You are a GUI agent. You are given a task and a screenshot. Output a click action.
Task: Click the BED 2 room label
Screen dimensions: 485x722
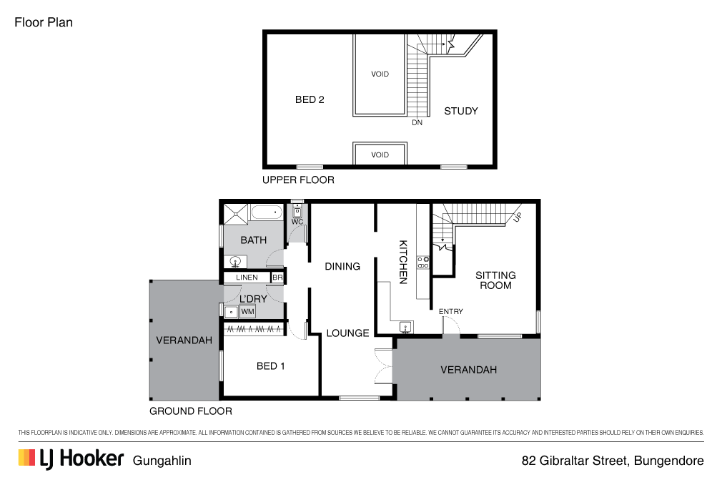click(x=310, y=99)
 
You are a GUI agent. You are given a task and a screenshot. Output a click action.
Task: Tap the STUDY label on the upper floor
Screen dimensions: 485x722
click(x=461, y=111)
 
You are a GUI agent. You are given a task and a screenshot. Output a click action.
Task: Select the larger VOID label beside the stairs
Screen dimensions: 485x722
click(x=380, y=74)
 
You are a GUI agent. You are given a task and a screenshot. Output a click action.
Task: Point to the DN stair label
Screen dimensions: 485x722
click(x=417, y=123)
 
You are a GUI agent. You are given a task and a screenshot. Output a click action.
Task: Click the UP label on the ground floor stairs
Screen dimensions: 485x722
click(x=517, y=217)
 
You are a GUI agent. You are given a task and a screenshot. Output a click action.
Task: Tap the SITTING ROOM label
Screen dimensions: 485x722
click(x=495, y=280)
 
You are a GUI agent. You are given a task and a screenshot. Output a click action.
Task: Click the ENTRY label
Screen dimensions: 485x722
click(x=451, y=311)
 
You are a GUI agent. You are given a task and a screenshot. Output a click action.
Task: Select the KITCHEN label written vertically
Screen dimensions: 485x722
click(x=402, y=262)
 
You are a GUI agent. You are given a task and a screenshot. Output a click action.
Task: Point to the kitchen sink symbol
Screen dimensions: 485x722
click(x=405, y=328)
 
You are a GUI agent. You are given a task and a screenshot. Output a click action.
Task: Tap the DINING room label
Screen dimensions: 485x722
click(x=342, y=266)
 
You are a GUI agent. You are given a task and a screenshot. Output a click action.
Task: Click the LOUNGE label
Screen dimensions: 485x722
click(x=347, y=333)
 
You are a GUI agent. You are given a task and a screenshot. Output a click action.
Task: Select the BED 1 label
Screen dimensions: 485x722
click(x=271, y=366)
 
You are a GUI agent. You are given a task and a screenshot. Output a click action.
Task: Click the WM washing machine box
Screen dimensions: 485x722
click(x=247, y=312)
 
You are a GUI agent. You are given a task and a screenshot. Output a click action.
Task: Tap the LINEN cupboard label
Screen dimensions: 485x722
click(x=247, y=278)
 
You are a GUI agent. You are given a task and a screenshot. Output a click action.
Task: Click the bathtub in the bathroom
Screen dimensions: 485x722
click(x=268, y=213)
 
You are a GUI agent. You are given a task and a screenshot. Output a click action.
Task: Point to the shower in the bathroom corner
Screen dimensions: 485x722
click(x=237, y=214)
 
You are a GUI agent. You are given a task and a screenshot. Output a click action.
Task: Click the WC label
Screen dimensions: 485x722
click(x=297, y=222)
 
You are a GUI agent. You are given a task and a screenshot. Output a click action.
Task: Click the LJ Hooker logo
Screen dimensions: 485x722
click(x=71, y=459)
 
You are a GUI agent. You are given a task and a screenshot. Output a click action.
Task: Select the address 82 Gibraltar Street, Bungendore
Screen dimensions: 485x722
click(x=613, y=461)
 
